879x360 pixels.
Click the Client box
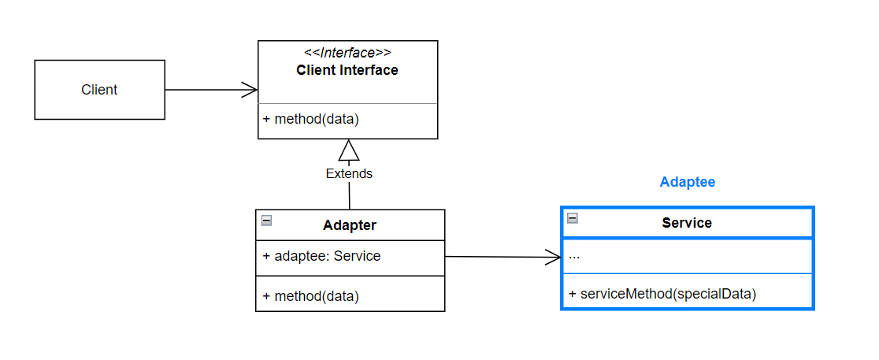100,90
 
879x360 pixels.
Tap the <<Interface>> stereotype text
347,53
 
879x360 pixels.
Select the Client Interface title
347,70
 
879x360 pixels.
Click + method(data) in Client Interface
310,119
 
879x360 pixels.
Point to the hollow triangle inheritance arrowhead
349,150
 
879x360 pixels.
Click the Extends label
349,174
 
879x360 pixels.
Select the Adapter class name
350,225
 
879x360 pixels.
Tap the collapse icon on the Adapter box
267,221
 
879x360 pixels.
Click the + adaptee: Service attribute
322,256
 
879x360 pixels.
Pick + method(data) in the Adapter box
310,296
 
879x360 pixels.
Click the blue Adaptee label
688,182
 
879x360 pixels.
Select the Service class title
687,223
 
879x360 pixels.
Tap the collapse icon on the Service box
573,218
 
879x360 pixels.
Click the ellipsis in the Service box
574,258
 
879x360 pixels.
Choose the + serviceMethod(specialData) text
662,294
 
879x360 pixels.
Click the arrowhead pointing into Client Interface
250,90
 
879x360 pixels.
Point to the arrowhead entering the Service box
553,258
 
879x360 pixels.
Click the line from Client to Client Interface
211,90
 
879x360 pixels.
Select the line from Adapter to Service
503,258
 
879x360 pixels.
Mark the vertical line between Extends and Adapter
349,195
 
